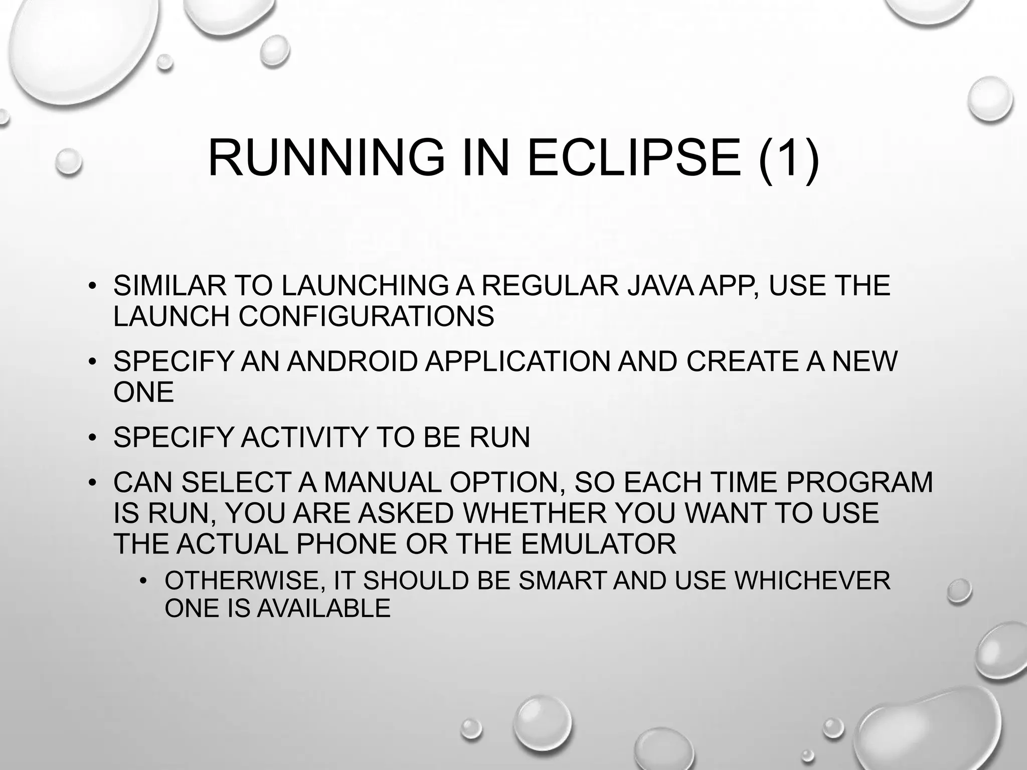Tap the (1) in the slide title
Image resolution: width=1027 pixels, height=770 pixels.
789,158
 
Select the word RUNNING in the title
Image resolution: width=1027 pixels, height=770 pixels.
326,158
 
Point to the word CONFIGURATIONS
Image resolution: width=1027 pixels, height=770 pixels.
366,317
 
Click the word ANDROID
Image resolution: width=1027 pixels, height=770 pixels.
352,361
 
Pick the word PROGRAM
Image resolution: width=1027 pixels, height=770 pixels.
859,483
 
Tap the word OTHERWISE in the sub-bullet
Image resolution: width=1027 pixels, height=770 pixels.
246,581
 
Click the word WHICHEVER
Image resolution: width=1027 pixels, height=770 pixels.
812,581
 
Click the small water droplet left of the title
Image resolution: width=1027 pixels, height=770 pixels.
68,161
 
